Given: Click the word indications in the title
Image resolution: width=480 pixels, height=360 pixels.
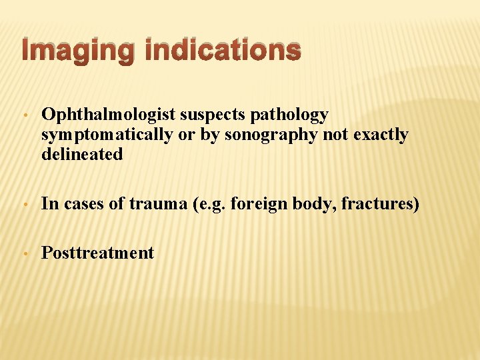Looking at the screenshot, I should click(224, 51).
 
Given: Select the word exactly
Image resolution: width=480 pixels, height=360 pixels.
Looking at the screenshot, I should click(377, 135).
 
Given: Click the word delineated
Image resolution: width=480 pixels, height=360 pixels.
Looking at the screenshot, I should click(82, 154).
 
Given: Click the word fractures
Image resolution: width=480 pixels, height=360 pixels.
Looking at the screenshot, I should click(379, 204).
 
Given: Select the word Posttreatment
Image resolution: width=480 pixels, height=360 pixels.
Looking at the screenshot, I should click(97, 253).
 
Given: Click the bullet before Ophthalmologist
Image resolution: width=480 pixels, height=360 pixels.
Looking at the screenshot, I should click(24, 116).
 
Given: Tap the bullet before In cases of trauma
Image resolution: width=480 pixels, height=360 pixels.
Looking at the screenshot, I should click(24, 205).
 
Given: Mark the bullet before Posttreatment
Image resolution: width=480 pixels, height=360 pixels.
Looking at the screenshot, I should click(24, 254).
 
